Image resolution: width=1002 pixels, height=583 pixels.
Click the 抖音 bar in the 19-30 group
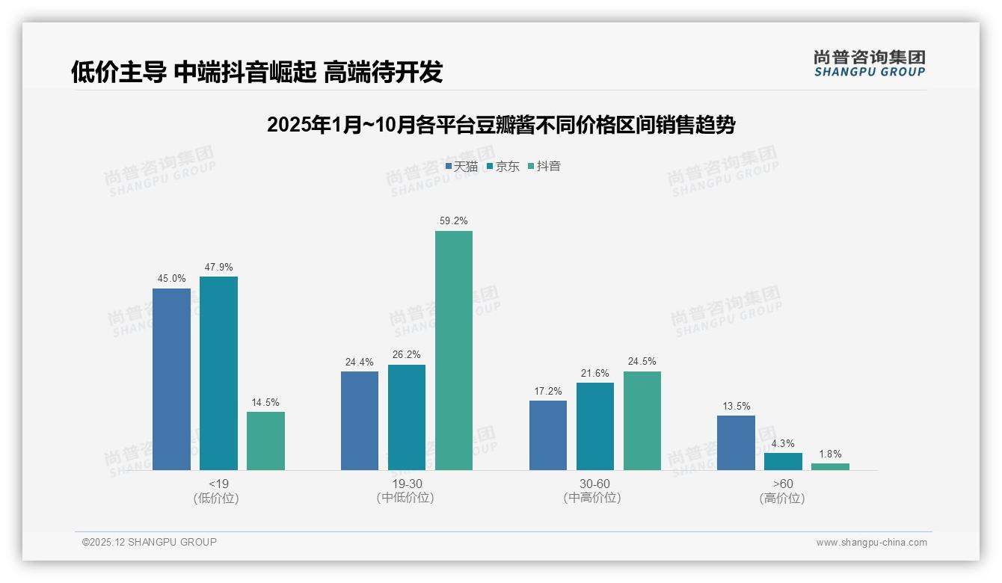point(454,351)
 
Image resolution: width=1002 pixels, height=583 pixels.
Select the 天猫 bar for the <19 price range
point(171,379)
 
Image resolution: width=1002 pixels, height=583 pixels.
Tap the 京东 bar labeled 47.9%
point(218,373)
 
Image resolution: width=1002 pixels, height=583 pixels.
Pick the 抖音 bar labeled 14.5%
point(265,441)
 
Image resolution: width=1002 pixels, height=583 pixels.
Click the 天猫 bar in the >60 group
point(736,442)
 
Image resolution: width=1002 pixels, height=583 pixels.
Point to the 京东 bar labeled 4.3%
point(783,461)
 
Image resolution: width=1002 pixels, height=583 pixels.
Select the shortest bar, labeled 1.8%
point(830,466)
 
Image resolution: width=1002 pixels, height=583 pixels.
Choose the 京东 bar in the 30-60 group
point(595,426)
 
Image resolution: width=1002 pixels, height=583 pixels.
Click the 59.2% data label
point(454,221)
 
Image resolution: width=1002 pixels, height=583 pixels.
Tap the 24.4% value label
point(360,362)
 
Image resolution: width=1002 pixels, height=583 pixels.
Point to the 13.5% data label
point(736,407)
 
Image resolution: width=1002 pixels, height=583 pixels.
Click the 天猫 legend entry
point(461,167)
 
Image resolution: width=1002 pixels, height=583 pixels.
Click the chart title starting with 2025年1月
point(500,125)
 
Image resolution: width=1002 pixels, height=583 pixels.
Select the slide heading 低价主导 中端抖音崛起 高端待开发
point(256,72)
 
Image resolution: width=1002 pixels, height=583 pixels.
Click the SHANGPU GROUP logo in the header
point(869,64)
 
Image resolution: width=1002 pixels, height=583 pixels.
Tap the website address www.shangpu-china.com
point(871,543)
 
